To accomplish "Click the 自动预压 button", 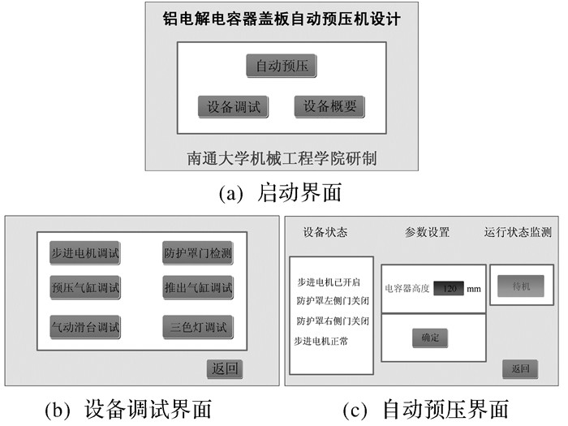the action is (x=282, y=66).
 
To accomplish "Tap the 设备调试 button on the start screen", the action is (x=234, y=107).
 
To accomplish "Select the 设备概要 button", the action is (x=329, y=106).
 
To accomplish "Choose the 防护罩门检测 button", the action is (x=198, y=253).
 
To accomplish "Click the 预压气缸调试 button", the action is (x=85, y=287).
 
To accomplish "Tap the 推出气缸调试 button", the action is (x=198, y=287).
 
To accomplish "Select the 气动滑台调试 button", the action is (x=85, y=327).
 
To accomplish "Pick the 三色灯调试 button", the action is (x=198, y=327).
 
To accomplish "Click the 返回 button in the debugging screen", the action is (x=225, y=369).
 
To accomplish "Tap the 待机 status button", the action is (x=521, y=286).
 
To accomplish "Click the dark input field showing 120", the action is (x=449, y=288).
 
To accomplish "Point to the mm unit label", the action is (x=474, y=289).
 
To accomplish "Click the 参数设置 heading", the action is (x=428, y=232).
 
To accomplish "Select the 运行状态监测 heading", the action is (x=518, y=232).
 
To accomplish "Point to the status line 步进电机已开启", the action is (x=329, y=282).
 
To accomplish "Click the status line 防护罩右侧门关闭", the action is (x=333, y=321).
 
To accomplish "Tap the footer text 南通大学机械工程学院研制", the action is (x=282, y=158).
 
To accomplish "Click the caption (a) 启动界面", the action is (x=280, y=192).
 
